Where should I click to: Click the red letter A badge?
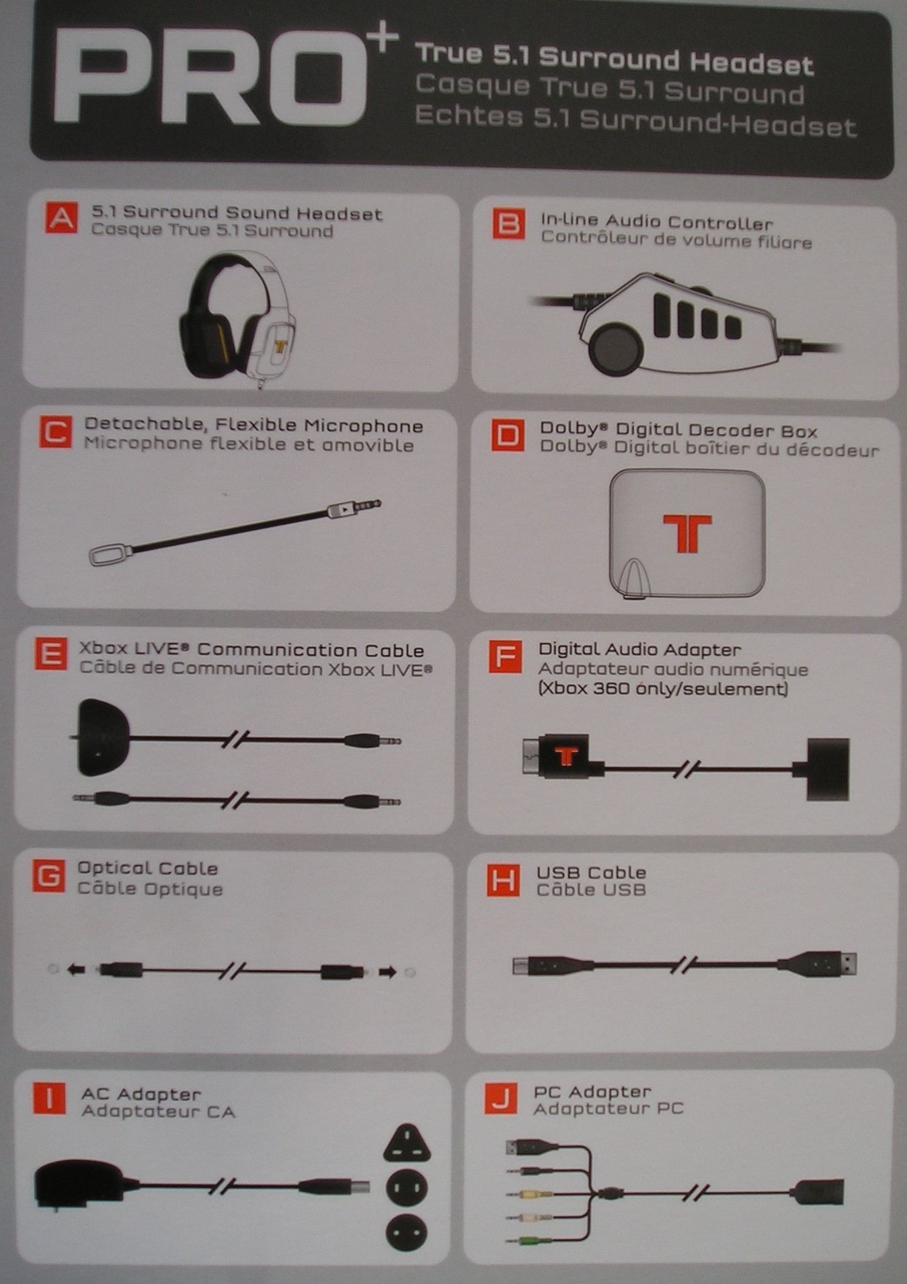pyautogui.click(x=62, y=219)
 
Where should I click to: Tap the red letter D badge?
pyautogui.click(x=508, y=436)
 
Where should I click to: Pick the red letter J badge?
pyautogui.click(x=500, y=1099)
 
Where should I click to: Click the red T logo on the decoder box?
pyautogui.click(x=686, y=533)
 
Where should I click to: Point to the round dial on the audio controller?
pyautogui.click(x=616, y=348)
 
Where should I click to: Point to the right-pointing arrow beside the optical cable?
pyautogui.click(x=388, y=972)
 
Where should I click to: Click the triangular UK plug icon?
pyautogui.click(x=407, y=1143)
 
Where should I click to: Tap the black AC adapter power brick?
pyautogui.click(x=79, y=1184)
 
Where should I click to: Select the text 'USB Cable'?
pyautogui.click(x=591, y=872)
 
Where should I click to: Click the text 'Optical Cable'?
pyautogui.click(x=147, y=868)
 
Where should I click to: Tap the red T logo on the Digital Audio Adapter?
pyautogui.click(x=567, y=756)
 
